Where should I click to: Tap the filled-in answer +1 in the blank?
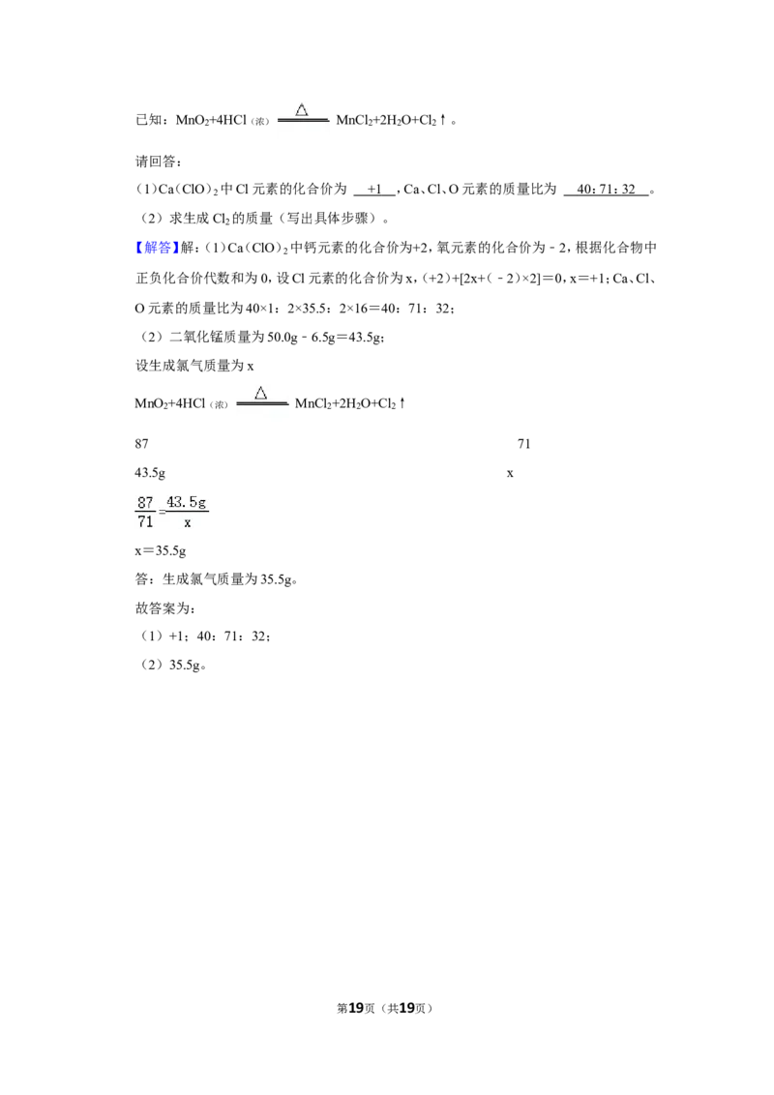pyautogui.click(x=374, y=190)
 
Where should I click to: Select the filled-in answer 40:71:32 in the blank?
pyautogui.click(x=606, y=190)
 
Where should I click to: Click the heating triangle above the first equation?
pyautogui.click(x=302, y=109)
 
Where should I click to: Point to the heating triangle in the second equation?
pyautogui.click(x=260, y=393)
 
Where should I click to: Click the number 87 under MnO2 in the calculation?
pyautogui.click(x=142, y=443)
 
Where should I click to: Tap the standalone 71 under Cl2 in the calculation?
pyautogui.click(x=524, y=443)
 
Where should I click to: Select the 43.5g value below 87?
pyautogui.click(x=150, y=473)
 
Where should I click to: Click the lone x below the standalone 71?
pyautogui.click(x=510, y=473)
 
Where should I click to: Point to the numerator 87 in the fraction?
pyautogui.click(x=145, y=502)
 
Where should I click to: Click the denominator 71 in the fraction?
pyautogui.click(x=145, y=521)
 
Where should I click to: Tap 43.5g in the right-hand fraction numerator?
pyautogui.click(x=187, y=502)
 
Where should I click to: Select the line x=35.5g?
pyautogui.click(x=161, y=551)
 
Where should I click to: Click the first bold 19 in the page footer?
pyautogui.click(x=356, y=1008)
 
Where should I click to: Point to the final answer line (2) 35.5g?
pyautogui.click(x=173, y=665)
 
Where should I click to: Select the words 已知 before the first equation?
pyautogui.click(x=149, y=120)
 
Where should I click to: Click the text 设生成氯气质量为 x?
pyautogui.click(x=194, y=366)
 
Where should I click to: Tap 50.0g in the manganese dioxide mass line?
pyautogui.click(x=283, y=338)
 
